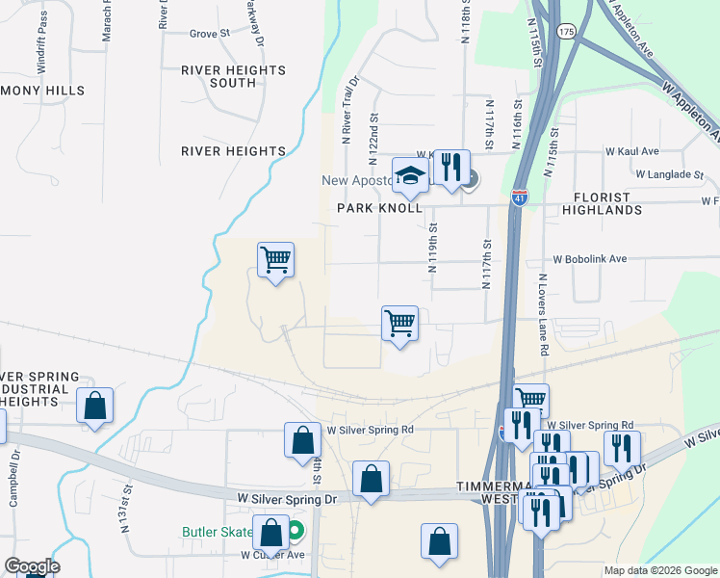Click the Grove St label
(209, 33)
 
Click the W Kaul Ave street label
(631, 151)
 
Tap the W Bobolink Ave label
(589, 259)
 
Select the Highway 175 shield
(566, 31)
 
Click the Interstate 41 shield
(520, 197)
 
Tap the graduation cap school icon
(409, 176)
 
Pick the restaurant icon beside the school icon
(450, 167)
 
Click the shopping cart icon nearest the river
(275, 258)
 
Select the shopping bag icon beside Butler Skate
(271, 532)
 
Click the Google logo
(31, 566)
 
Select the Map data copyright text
(659, 570)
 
